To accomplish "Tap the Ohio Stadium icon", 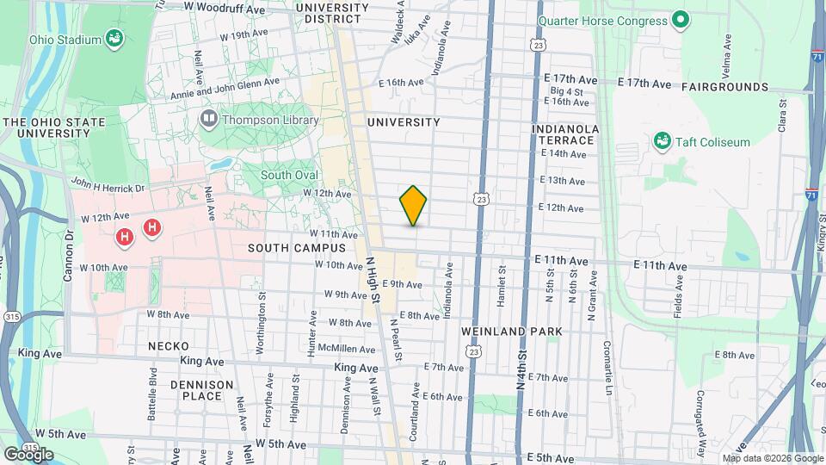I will click(x=113, y=39).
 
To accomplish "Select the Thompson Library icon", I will click(x=208, y=119).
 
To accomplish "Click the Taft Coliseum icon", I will click(x=662, y=141).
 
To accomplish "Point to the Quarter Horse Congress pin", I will click(x=681, y=20).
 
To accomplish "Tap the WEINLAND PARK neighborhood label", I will click(x=511, y=332).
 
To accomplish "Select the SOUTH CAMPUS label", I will click(x=296, y=248).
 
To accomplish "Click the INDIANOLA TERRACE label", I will click(x=564, y=134).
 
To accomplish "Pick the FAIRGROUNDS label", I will click(x=724, y=87).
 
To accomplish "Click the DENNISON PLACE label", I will click(x=201, y=390).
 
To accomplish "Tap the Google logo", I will click(x=28, y=454).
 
